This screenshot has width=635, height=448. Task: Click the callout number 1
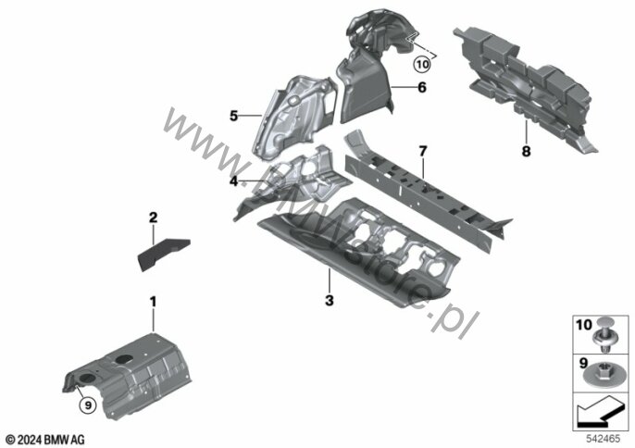coord(154,302)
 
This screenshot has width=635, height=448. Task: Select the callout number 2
coord(154,218)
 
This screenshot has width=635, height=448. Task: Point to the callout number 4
coord(235,181)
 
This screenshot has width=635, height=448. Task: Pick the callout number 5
coord(234,116)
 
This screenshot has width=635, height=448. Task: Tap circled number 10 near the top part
coord(422,65)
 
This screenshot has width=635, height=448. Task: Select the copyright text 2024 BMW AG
coord(46,437)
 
